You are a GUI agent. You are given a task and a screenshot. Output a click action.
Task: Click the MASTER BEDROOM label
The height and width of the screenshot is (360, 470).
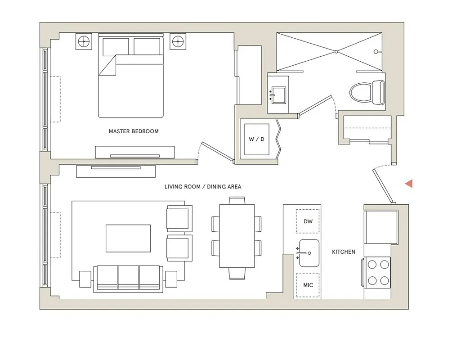[134, 131]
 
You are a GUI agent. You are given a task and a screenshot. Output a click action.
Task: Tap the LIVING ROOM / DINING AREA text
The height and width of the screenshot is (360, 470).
[202, 187]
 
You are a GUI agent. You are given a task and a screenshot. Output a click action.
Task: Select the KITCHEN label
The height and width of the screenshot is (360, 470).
[344, 252]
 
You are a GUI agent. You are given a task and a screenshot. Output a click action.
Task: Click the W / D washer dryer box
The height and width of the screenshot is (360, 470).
[256, 139]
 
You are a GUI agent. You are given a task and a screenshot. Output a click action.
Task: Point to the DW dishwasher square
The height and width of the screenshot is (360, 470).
[308, 221]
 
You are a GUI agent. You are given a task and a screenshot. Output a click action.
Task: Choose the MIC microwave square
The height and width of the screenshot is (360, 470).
[308, 285]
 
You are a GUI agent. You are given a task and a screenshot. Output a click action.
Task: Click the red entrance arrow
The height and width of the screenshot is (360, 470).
[409, 183]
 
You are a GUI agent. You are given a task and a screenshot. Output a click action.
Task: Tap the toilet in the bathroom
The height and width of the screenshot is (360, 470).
[367, 92]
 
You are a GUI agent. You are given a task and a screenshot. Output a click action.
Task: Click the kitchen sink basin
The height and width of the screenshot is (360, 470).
[309, 253]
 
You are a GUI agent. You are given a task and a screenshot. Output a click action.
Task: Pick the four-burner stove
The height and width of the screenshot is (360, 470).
[378, 272]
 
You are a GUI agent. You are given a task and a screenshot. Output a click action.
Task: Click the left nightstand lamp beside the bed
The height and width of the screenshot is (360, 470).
[84, 41]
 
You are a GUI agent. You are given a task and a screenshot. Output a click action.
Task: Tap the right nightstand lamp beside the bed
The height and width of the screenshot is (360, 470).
[178, 41]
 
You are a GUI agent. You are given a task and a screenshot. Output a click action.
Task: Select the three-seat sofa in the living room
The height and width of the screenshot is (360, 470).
[128, 278]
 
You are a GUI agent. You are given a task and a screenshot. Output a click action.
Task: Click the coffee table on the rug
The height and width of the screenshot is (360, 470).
[128, 238]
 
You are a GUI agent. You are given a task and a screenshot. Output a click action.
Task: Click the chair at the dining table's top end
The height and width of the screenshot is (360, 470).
[237, 201]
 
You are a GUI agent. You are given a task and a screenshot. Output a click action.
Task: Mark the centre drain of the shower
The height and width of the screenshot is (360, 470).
[336, 52]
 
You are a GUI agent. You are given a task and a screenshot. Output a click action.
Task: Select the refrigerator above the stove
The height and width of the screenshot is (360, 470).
[380, 226]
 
